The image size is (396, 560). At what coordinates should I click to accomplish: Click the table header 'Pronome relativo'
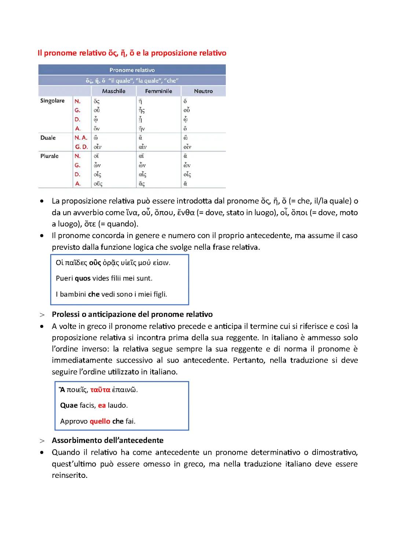[x=132, y=70]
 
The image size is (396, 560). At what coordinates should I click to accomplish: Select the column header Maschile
[x=114, y=91]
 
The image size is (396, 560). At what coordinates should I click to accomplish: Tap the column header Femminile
[x=158, y=91]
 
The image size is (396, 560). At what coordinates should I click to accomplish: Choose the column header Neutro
[x=203, y=91]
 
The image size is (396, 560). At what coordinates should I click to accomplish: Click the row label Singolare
[x=52, y=101]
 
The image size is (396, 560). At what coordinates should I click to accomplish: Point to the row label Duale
[x=48, y=138]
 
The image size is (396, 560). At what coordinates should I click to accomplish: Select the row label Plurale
[x=49, y=156]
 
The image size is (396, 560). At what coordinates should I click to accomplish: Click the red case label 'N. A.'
[x=81, y=138]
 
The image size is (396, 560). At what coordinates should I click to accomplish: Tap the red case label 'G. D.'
[x=81, y=147]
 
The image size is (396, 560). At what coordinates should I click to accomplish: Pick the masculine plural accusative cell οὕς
[x=98, y=184]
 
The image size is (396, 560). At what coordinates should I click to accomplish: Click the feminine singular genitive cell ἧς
[x=142, y=110]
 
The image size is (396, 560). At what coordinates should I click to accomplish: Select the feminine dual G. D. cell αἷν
[x=143, y=147]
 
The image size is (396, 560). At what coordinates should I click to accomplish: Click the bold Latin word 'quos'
[x=82, y=278]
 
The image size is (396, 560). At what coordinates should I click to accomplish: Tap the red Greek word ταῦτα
[x=100, y=390]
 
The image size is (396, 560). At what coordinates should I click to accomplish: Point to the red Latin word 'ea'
[x=102, y=406]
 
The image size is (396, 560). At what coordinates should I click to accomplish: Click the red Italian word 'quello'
[x=100, y=421]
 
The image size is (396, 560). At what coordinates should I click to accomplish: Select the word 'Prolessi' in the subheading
[x=66, y=314]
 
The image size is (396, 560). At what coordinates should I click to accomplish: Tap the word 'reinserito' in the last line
[x=69, y=475]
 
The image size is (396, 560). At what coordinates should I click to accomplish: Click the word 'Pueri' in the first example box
[x=64, y=278]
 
